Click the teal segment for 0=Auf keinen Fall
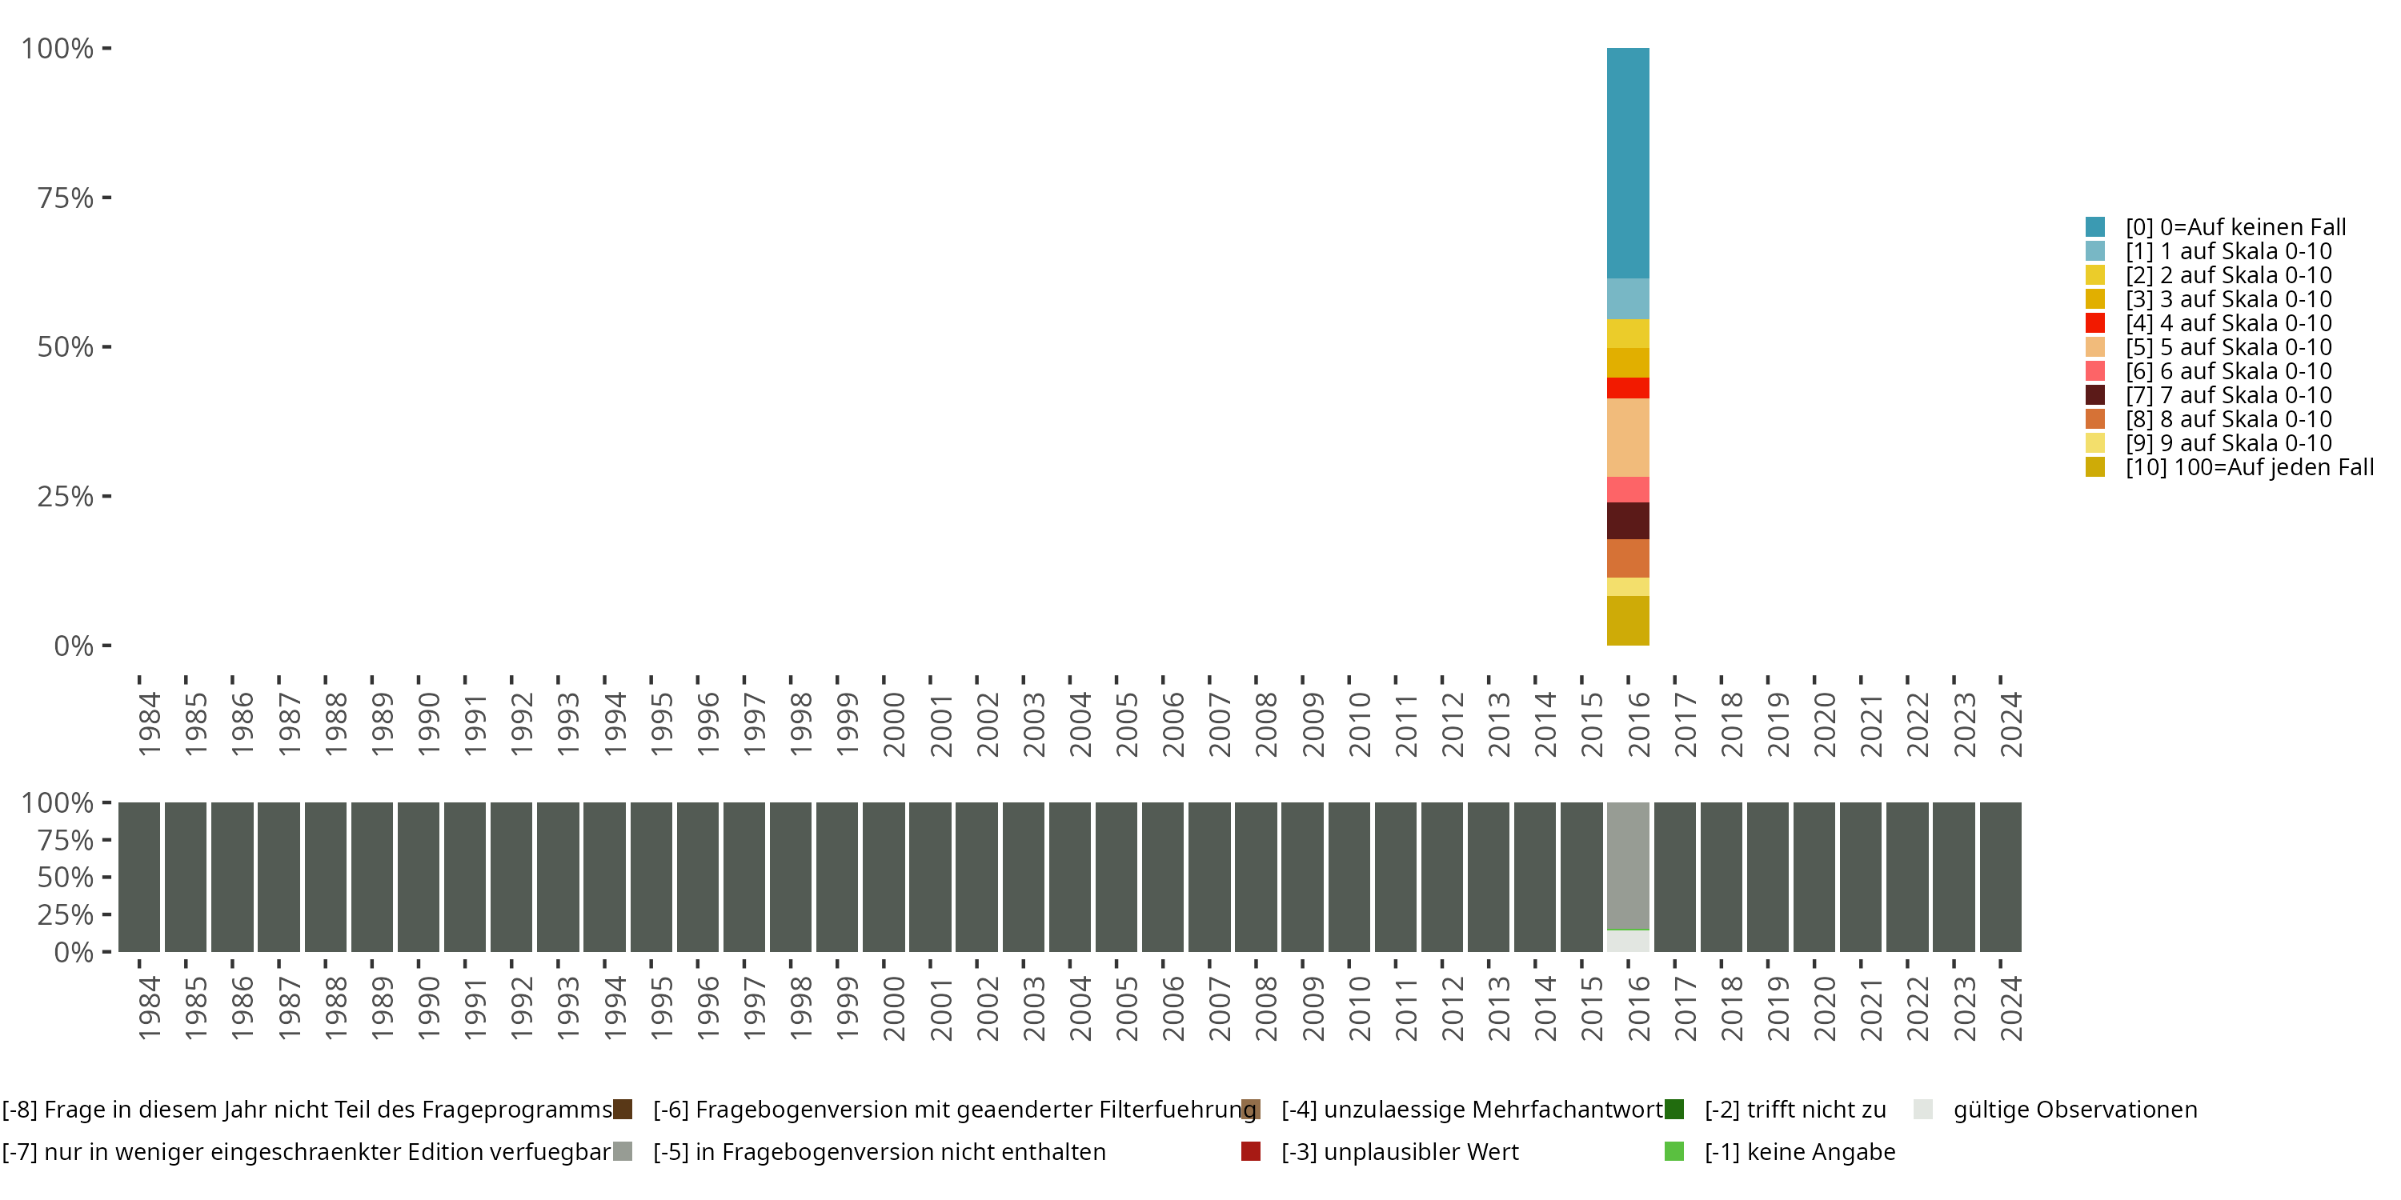coord(1627,163)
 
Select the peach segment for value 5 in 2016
coord(1627,437)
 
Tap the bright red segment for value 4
coord(1627,387)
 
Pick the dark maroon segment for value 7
coord(1627,520)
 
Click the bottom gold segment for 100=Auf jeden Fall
coord(1627,621)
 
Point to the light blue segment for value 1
coord(1627,298)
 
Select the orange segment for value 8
coord(1627,558)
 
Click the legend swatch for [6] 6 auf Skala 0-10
coord(2095,371)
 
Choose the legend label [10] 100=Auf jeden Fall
coord(2249,466)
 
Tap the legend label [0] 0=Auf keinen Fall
coord(2235,226)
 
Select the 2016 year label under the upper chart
coord(1637,724)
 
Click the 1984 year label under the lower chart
coord(149,1008)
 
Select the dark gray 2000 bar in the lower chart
coord(883,877)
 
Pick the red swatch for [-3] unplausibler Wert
coord(1251,1151)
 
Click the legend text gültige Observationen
coord(2074,1110)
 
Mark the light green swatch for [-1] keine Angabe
coord(1674,1151)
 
